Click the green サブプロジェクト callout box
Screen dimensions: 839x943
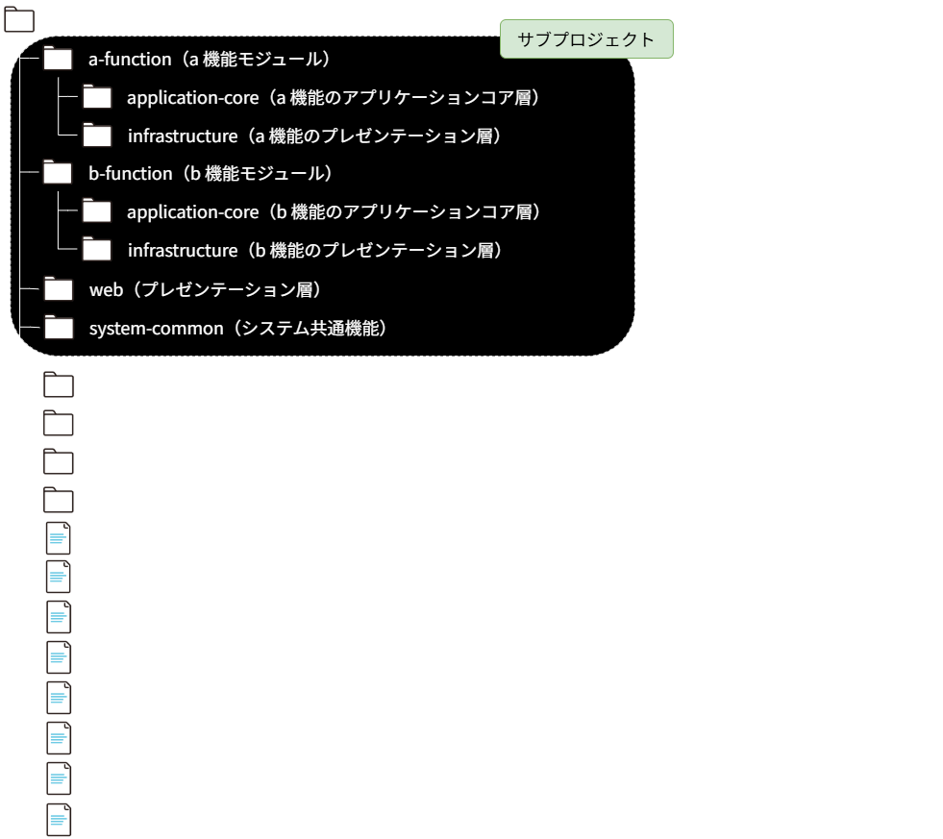click(585, 39)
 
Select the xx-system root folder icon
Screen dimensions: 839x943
click(20, 20)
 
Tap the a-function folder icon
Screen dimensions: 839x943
click(59, 60)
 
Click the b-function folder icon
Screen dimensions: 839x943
click(59, 173)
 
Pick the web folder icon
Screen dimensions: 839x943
click(59, 288)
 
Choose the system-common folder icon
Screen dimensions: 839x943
click(59, 328)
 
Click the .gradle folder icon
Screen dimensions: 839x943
click(59, 385)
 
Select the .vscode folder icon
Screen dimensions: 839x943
click(59, 424)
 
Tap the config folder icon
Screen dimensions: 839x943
click(59, 462)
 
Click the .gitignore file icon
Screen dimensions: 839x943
click(59, 579)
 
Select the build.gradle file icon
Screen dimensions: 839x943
click(59, 617)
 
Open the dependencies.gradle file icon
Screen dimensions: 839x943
click(59, 660)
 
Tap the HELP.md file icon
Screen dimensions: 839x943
click(59, 777)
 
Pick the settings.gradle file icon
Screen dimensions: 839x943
click(59, 820)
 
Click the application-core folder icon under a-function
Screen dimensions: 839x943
click(97, 97)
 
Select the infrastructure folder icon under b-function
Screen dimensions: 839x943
click(97, 250)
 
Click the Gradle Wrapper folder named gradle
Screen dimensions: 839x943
click(59, 501)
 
